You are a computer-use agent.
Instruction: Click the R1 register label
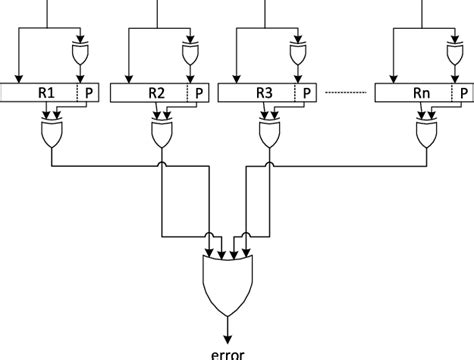(x=46, y=93)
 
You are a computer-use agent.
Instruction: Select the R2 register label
(x=156, y=93)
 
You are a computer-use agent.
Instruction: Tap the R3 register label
(x=263, y=93)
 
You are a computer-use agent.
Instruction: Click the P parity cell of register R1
(x=90, y=93)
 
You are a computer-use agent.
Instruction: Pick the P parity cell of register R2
(x=198, y=93)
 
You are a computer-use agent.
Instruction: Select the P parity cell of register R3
(x=306, y=93)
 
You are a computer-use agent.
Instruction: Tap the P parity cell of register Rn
(x=461, y=93)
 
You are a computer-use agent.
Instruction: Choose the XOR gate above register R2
(x=190, y=51)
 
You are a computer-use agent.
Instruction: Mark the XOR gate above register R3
(x=297, y=51)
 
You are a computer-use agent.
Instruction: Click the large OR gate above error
(x=228, y=280)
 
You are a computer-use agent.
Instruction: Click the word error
(x=228, y=351)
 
